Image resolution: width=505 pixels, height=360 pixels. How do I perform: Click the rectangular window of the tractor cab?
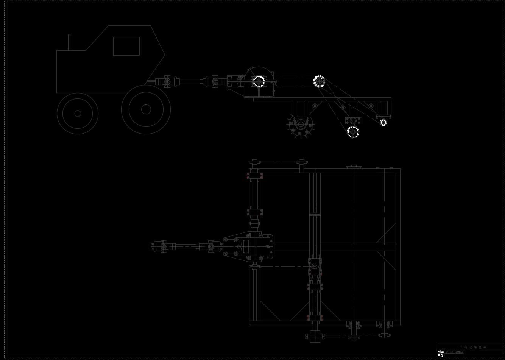click(126, 46)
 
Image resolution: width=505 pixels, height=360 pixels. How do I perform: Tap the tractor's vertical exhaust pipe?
click(69, 42)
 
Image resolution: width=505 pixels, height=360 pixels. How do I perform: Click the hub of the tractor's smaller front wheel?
click(78, 113)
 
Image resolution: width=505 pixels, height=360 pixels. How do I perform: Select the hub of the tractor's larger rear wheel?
click(146, 109)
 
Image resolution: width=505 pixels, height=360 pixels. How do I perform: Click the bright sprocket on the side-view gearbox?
click(259, 81)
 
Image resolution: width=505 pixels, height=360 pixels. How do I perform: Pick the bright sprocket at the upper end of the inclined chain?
click(319, 81)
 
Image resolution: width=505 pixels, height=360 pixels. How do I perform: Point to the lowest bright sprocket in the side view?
click(353, 132)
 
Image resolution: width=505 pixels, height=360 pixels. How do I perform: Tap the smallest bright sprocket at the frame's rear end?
click(383, 122)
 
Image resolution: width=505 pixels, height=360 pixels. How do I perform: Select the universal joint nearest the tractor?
click(167, 81)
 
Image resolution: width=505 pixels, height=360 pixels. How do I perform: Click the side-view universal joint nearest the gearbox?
click(214, 81)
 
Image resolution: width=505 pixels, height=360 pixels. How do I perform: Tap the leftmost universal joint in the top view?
click(163, 247)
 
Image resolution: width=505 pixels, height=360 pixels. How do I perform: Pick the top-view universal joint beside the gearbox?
click(211, 247)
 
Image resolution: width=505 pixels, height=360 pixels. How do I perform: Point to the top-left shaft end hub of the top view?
click(254, 162)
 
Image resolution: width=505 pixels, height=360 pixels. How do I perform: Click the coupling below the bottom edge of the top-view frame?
click(315, 336)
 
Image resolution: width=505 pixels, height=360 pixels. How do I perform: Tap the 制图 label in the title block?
click(441, 352)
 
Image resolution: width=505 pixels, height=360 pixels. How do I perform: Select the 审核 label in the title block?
click(441, 356)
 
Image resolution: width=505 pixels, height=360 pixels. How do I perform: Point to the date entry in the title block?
click(459, 352)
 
